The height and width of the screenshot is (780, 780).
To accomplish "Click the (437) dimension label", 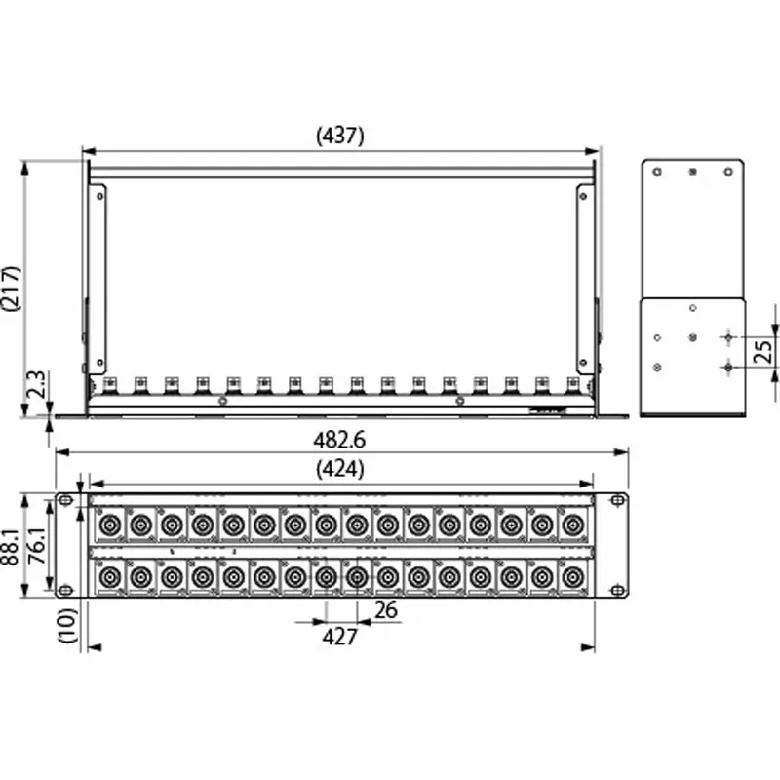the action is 340,136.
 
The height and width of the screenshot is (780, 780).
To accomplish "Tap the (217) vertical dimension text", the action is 12,289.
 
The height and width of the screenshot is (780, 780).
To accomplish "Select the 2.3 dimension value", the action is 36,384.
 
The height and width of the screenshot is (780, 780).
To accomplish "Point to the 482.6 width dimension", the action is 339,440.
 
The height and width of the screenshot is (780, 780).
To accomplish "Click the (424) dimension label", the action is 340,469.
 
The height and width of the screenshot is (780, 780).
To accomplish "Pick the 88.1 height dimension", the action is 11,547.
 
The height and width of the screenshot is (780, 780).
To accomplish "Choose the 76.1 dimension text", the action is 37,546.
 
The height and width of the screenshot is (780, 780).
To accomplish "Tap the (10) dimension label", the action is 67,625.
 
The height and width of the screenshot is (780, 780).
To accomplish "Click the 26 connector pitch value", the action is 386,610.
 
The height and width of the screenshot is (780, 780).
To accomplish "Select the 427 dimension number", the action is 339,637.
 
